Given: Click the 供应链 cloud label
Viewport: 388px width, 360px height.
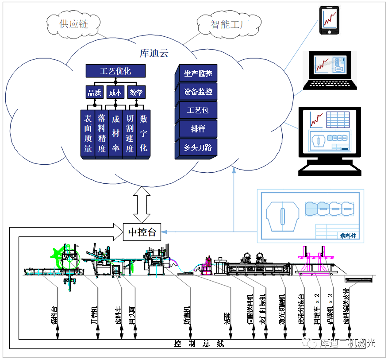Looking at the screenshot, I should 74,24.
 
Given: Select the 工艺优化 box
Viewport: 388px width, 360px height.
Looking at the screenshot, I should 115,71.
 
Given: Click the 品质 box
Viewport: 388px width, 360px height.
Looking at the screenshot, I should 94,93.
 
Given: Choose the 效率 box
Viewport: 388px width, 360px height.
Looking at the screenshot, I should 136,93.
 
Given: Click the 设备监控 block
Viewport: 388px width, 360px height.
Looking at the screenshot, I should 198,92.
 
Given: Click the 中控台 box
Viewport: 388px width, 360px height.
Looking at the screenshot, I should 142,232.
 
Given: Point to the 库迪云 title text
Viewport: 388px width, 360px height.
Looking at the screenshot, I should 154,54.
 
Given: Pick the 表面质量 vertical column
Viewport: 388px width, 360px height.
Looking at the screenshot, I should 88,133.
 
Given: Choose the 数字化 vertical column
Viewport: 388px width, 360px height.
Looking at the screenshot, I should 143,133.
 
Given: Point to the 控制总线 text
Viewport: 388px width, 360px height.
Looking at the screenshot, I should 199,344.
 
